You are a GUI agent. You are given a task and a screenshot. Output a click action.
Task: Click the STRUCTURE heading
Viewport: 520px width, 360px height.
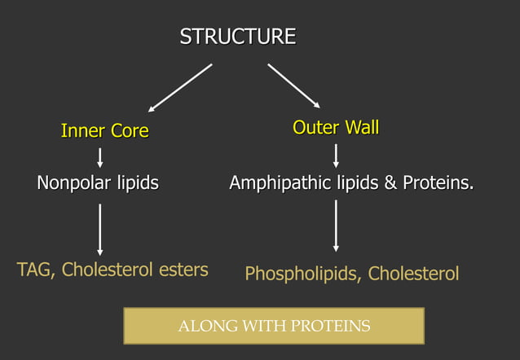(x=237, y=37)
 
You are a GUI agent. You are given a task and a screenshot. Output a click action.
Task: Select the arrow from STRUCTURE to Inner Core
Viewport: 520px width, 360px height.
(x=180, y=87)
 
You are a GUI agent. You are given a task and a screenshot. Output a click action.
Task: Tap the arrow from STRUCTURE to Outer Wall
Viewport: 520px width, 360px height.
(x=294, y=86)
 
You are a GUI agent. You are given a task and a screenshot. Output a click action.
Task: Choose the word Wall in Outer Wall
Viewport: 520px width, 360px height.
(x=361, y=127)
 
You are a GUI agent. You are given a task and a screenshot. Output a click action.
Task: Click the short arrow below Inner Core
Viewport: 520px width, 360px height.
(x=100, y=156)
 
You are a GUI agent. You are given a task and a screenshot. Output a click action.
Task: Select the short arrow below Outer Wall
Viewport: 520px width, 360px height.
(x=336, y=155)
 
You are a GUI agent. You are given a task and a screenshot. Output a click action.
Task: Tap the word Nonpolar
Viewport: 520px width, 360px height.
(x=71, y=183)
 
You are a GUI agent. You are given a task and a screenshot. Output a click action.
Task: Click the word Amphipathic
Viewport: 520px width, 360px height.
(x=281, y=183)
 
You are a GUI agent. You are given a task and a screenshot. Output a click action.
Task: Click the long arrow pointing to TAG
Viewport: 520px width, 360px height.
(x=100, y=229)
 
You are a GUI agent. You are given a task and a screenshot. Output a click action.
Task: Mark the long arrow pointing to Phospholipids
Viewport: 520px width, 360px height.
(x=336, y=226)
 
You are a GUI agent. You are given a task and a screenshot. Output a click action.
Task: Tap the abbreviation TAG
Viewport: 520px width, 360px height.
(x=35, y=270)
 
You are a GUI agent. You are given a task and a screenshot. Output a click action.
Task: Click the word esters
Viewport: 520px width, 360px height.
(x=183, y=270)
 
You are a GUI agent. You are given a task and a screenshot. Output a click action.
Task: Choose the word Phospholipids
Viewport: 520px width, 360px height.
(x=302, y=274)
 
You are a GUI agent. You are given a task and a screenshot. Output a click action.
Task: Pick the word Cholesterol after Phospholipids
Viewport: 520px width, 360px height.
(x=413, y=274)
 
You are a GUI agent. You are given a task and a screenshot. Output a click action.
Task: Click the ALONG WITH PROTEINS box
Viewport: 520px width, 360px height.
(x=274, y=326)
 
